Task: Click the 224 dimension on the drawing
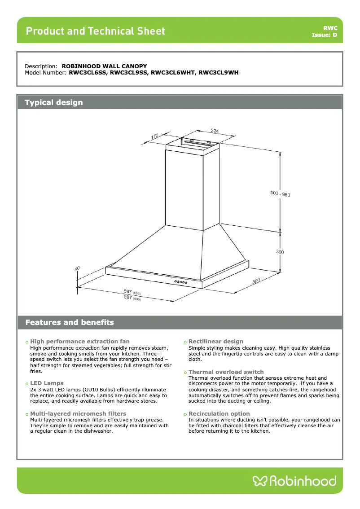click(215, 131)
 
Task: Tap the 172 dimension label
click(155, 136)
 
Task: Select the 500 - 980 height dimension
click(280, 194)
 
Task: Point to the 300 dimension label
click(280, 252)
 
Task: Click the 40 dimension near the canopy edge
click(77, 268)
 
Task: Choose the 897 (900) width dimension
click(131, 298)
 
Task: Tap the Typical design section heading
click(54, 102)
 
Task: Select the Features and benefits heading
click(70, 322)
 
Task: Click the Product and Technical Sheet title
click(95, 31)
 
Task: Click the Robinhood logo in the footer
click(294, 481)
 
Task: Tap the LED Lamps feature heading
click(47, 383)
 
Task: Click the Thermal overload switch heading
click(226, 372)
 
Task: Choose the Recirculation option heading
click(219, 414)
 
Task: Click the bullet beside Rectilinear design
click(185, 342)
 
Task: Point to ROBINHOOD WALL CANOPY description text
click(104, 66)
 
